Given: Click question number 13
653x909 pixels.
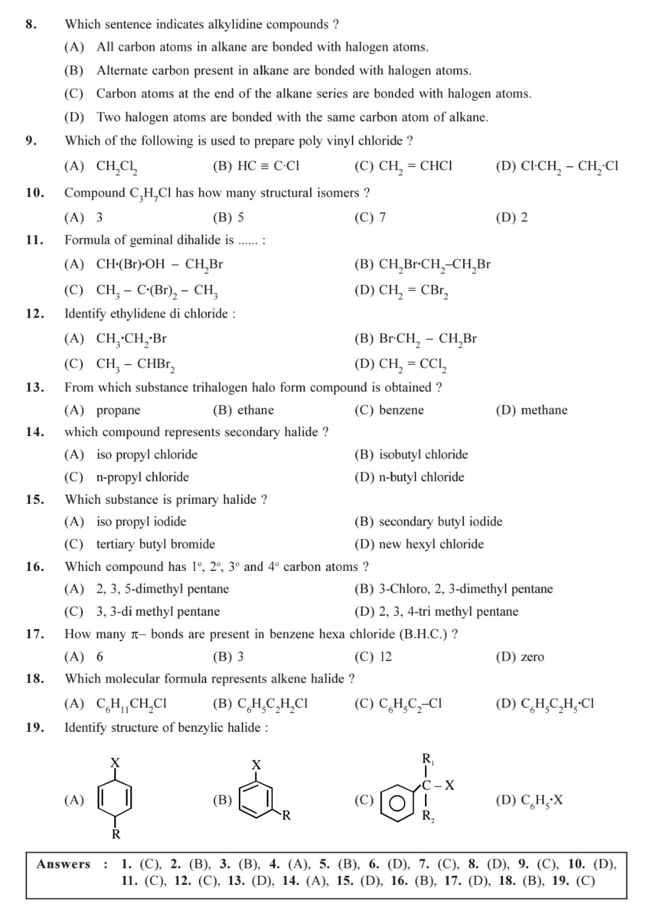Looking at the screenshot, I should (x=34, y=388).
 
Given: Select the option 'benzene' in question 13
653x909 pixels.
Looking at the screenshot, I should (x=401, y=410).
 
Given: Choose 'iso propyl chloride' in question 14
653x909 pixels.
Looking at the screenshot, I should (x=147, y=455).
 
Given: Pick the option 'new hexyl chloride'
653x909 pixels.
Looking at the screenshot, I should (x=431, y=544).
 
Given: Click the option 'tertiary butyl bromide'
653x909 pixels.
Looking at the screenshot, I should (x=155, y=544).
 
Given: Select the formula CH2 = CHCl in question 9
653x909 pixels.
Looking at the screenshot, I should (x=415, y=166).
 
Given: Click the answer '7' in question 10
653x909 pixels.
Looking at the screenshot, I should (x=382, y=218).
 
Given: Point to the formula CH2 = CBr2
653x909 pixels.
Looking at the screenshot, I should (x=414, y=291).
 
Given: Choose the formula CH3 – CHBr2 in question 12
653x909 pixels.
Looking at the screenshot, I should (x=136, y=365).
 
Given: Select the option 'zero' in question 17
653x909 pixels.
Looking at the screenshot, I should (x=532, y=657).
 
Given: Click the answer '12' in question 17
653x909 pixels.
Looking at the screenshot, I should (x=385, y=657).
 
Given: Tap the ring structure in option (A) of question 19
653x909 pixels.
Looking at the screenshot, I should (x=115, y=800).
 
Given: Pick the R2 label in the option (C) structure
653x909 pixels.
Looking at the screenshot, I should (x=428, y=816).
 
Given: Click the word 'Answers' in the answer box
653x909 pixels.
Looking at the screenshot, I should (x=63, y=864).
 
